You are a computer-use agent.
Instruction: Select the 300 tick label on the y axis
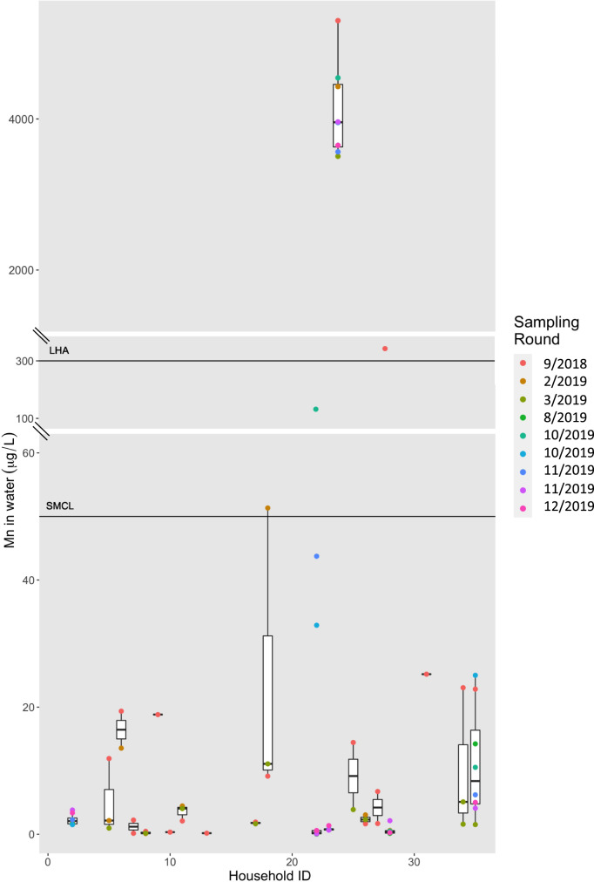point(25,361)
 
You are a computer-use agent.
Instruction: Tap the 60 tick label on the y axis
point(28,452)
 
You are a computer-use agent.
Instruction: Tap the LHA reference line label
point(58,351)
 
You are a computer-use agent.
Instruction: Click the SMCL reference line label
point(61,506)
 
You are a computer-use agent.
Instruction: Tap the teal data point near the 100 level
point(316,409)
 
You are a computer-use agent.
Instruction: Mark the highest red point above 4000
point(338,20)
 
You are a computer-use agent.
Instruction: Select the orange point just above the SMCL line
point(268,508)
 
